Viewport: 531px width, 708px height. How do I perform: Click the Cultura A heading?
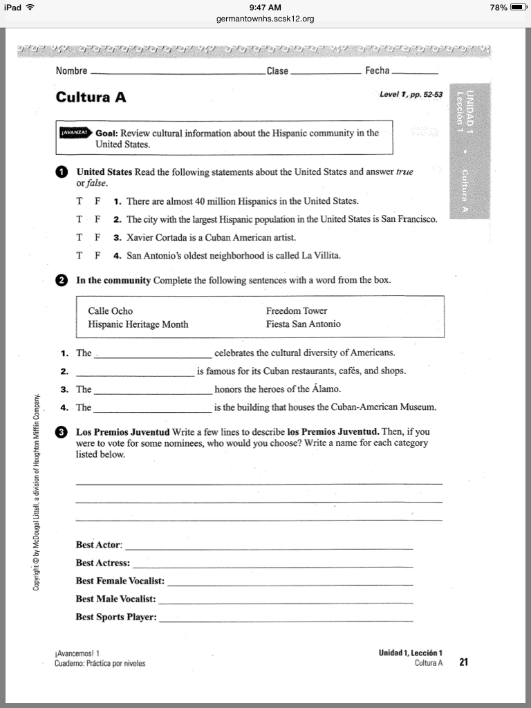[91, 97]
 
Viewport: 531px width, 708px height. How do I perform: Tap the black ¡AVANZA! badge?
[74, 132]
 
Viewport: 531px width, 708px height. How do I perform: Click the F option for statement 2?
[97, 219]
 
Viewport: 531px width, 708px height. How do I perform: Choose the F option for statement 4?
[97, 255]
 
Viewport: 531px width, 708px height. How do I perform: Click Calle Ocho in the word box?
[111, 311]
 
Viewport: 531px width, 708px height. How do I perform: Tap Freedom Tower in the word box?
[297, 311]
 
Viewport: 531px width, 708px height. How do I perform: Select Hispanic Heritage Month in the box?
[138, 324]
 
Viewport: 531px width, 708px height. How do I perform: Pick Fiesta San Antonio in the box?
[304, 324]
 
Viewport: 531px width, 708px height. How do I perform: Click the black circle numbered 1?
[62, 171]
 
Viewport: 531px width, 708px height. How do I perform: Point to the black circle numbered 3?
[62, 432]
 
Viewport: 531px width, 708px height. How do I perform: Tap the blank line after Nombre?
[177, 73]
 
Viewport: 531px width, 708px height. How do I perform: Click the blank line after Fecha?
[415, 73]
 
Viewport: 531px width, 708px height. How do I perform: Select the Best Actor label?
[98, 545]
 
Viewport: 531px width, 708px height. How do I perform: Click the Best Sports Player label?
[116, 617]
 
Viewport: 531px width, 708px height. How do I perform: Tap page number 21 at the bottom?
[464, 662]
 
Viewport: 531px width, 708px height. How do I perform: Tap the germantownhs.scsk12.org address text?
[265, 19]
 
